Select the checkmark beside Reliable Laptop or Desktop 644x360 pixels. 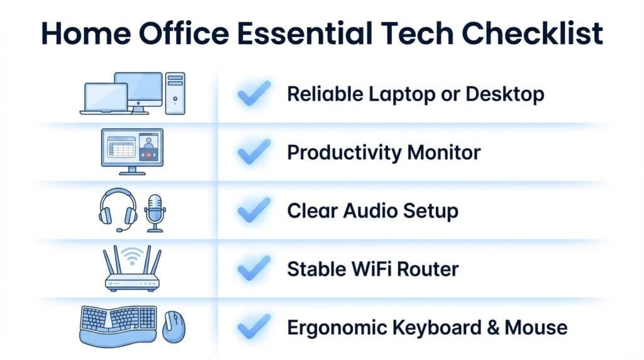(253, 94)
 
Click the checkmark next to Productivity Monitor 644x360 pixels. (253, 152)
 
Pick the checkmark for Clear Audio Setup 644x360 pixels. (253, 211)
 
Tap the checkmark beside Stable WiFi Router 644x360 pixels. (253, 269)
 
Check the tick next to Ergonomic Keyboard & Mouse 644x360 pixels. (253, 327)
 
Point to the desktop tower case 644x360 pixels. (175, 93)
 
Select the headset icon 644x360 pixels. (118, 210)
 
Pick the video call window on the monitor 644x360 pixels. (149, 148)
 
